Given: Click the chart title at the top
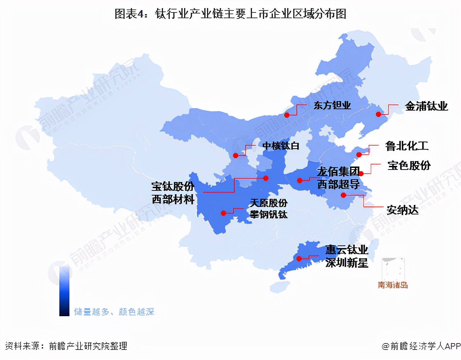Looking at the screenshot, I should pos(230,14).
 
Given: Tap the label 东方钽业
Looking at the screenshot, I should pos(332,106).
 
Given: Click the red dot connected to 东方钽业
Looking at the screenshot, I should pos(287,115).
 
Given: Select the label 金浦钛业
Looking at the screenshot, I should pos(426,107).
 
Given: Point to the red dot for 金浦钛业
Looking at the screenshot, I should pos(378,114).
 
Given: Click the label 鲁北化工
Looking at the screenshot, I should pos(407,146).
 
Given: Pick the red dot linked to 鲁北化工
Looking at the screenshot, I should pos(359,155).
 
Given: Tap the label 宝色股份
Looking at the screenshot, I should pos(409,166).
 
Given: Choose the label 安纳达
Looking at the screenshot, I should pos(402,210).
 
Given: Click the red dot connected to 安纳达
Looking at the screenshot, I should pos(343,195).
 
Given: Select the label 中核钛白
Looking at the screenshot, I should pos(281,146).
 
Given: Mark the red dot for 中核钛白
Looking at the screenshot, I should pos(236,155).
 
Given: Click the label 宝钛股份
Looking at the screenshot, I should pos(173,186).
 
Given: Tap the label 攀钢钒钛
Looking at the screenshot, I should pos(269,214).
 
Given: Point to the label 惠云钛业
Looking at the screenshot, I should pos(346,250).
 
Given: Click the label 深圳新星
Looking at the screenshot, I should pos(346,263).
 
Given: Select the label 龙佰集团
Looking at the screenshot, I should pos(338,172).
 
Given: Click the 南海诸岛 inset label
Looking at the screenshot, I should pos(393,285).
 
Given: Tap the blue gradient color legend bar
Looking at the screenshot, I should pos(64,291).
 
